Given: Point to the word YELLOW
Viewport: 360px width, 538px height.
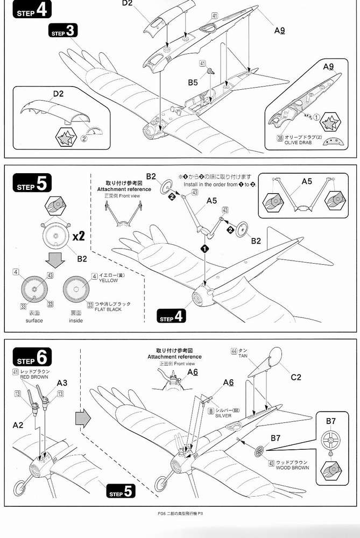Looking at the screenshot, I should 108,280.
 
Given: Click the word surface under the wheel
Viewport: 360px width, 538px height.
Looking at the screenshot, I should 33,321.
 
